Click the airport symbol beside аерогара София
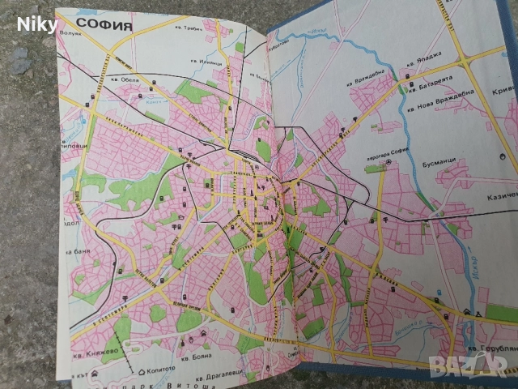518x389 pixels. (388, 161)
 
